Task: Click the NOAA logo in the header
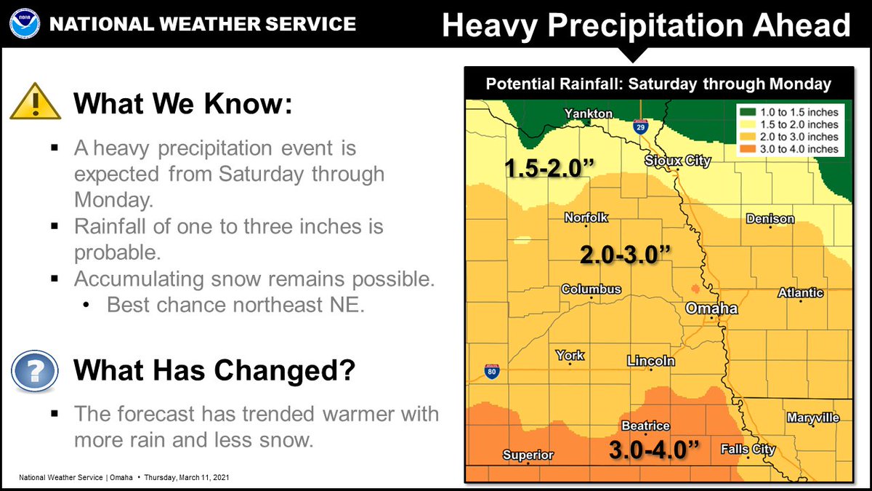24,25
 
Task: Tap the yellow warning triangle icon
35,103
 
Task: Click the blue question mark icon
33,370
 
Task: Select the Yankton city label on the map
589,113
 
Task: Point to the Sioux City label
677,161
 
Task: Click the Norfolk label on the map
586,217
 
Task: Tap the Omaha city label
712,308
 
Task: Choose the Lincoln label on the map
651,361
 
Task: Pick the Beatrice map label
645,426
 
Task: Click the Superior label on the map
528,455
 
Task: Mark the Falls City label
748,450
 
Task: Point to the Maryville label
812,418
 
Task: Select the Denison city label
770,219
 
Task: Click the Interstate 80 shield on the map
492,372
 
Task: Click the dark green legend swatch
748,113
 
